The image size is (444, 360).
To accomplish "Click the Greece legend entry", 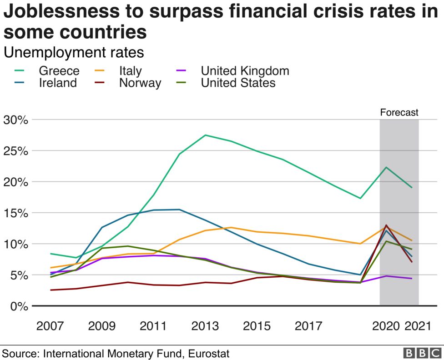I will click(59, 71).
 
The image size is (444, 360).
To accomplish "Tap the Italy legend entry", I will click(130, 71).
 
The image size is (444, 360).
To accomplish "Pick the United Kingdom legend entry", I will click(245, 71).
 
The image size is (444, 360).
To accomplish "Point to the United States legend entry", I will click(238, 83).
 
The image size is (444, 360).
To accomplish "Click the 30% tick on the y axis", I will click(16, 120).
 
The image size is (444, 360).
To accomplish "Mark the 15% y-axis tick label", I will click(16, 213).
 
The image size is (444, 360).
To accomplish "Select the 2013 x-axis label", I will click(205, 326).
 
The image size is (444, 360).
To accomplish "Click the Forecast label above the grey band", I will click(399, 113).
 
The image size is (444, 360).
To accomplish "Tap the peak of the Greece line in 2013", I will click(205, 135).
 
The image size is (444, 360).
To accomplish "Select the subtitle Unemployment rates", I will click(74, 53).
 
